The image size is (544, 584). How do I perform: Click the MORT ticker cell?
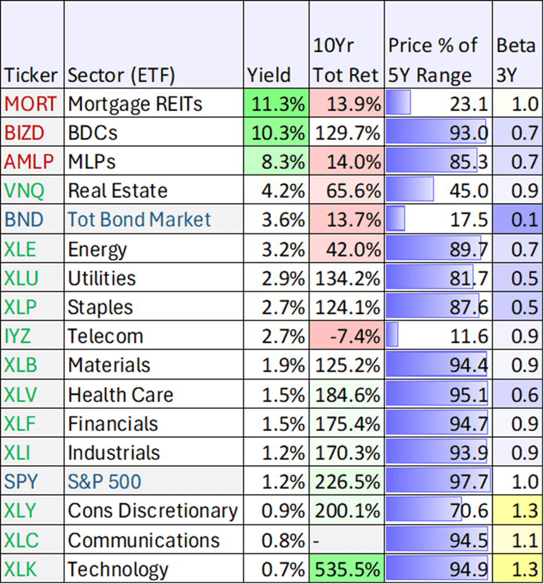31,104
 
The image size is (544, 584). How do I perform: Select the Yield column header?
269,75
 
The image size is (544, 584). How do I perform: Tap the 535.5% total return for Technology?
347,569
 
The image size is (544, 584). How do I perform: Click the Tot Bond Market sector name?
139,220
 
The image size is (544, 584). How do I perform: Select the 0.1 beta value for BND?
525,220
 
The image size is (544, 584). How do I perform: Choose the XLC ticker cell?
21,540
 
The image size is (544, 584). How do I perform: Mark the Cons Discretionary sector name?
152,511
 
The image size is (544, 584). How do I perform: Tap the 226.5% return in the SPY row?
347,482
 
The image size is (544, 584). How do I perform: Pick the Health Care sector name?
120,395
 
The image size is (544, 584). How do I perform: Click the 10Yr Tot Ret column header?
345,60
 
